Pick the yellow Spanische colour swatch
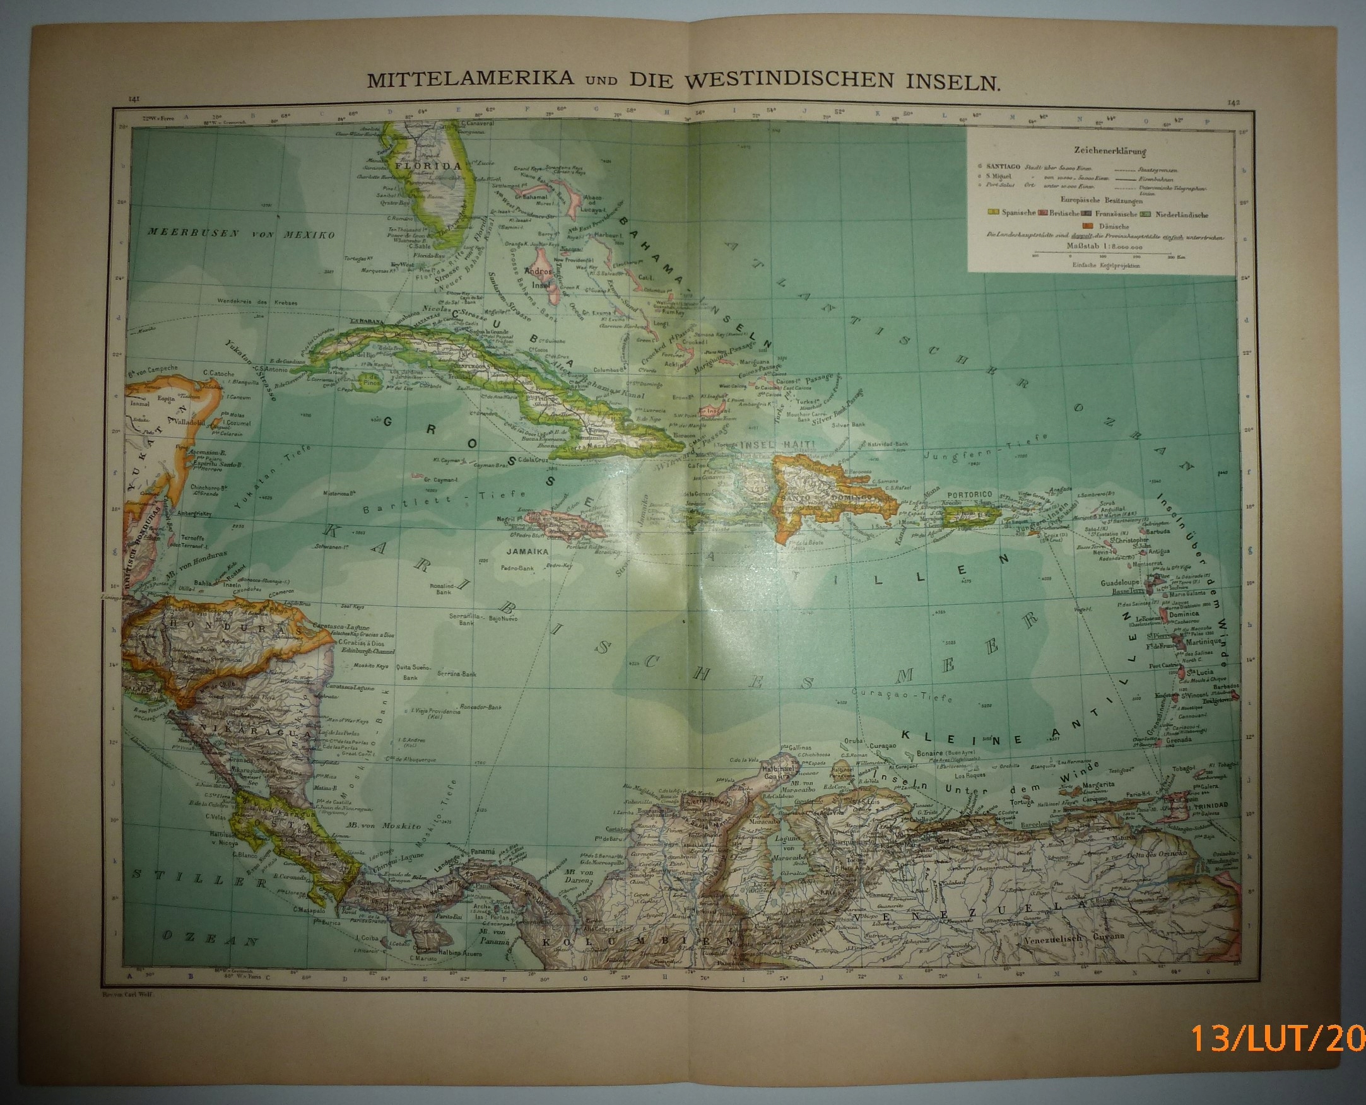pos(994,215)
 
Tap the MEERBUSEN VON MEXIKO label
pos(242,234)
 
